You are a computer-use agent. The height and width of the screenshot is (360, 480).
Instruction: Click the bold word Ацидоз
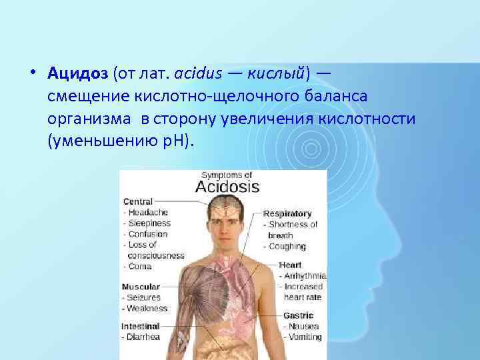tap(79, 71)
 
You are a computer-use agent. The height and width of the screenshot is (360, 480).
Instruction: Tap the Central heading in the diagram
tap(137, 201)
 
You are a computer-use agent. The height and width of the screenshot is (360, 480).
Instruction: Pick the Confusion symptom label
tap(147, 234)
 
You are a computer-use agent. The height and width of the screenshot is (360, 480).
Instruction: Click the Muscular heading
tap(141, 287)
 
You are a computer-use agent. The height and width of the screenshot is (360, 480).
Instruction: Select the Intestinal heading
tap(141, 327)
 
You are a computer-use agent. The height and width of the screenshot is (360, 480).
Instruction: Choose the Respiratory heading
tap(288, 214)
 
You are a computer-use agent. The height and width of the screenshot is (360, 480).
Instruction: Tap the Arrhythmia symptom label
tap(303, 275)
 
